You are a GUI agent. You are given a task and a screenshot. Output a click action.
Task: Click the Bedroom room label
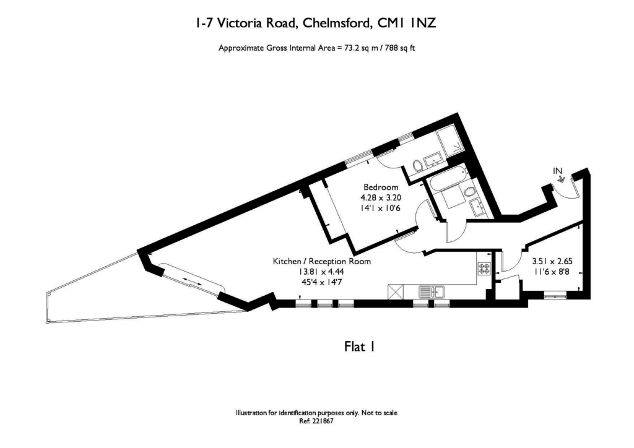(381, 187)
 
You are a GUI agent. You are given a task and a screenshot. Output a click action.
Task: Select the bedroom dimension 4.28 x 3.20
(381, 198)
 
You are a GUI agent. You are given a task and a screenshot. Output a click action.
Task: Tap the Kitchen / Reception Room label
(322, 261)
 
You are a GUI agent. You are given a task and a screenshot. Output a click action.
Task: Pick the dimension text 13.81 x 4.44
(322, 272)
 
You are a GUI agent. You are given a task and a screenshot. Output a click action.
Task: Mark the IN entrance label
(557, 170)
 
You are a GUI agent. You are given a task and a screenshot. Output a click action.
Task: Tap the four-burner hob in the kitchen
(483, 269)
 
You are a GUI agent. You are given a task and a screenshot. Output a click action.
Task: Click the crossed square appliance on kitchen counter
(396, 291)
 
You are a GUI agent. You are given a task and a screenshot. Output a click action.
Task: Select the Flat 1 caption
(360, 347)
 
